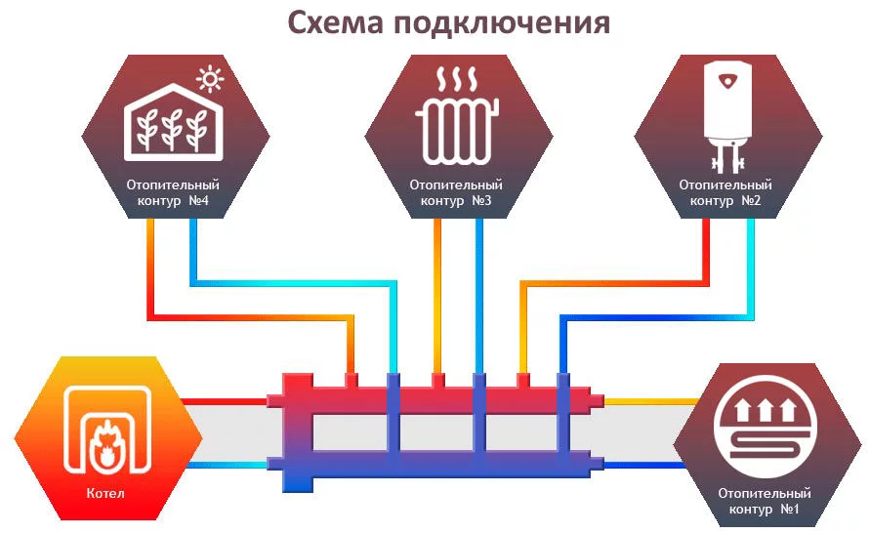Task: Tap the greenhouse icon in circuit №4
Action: click(174, 122)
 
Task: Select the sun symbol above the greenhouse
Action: click(210, 79)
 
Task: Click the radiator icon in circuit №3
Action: click(457, 132)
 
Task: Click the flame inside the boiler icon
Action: click(106, 443)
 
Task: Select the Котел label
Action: click(105, 493)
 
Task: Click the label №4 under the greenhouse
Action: click(198, 200)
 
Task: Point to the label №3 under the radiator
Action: click(481, 200)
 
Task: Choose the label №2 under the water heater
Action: click(751, 200)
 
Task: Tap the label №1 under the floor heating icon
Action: click(790, 509)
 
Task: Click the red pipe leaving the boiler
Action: click(225, 401)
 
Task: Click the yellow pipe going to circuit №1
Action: click(651, 401)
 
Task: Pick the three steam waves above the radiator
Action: click(457, 79)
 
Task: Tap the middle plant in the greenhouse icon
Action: click(173, 129)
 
